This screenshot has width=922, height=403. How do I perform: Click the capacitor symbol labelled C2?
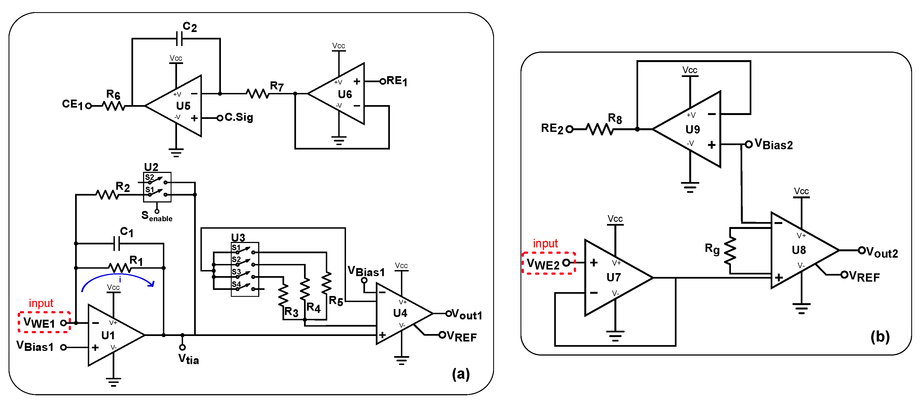[179, 38]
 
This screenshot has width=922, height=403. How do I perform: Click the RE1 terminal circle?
[383, 82]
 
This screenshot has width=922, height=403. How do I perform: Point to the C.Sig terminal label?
[239, 117]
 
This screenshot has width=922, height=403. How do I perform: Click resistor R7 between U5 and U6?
[258, 94]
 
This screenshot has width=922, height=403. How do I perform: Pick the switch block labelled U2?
[157, 187]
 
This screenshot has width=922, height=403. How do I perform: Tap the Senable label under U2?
[157, 216]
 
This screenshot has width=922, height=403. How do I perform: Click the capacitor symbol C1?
[116, 244]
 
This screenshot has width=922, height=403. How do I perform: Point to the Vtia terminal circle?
[183, 347]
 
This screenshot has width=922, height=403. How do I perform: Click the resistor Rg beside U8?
[730, 250]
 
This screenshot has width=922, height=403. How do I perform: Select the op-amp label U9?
[693, 129]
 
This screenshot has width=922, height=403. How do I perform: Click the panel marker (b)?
[880, 337]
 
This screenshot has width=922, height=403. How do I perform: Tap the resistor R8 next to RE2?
[599, 129]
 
